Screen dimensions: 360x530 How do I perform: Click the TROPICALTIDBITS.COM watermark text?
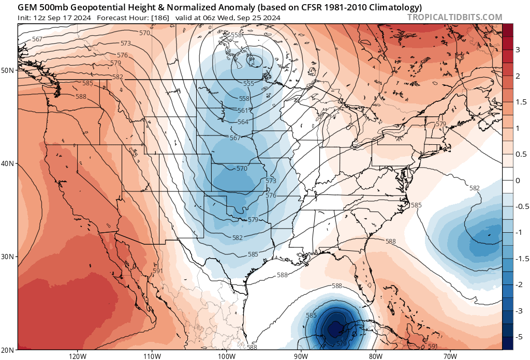(455, 17)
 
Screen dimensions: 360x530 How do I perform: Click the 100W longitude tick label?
(226, 355)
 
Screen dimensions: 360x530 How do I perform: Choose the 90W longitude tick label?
(301, 355)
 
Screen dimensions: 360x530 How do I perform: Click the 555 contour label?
(248, 84)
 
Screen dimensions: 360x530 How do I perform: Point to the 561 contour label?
(243, 110)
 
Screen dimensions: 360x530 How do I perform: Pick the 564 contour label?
(243, 122)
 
